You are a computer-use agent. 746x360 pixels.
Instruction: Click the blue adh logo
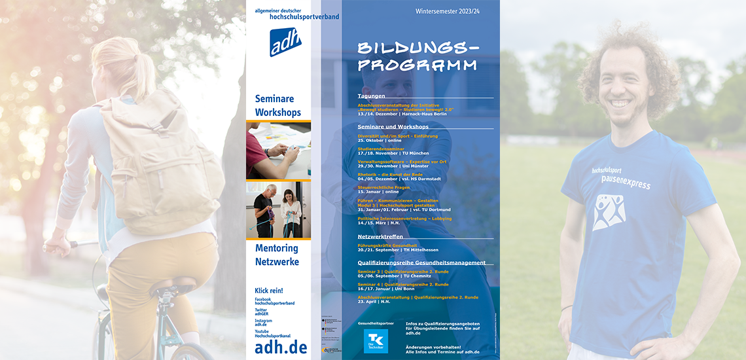285,42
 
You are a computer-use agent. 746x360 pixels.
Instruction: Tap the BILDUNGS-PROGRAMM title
417,57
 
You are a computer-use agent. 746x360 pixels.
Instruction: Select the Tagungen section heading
371,96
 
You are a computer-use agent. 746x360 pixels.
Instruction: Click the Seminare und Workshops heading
393,126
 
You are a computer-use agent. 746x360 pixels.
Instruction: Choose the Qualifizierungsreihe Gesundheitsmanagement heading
421,262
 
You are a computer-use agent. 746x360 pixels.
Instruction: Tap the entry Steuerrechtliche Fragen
383,187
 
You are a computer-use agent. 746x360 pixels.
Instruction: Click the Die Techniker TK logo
376,341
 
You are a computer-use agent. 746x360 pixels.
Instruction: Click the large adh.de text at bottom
281,347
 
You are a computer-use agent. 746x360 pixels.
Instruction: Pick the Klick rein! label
268,290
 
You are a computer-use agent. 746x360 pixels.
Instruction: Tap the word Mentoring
276,248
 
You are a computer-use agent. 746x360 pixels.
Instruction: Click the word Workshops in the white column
278,112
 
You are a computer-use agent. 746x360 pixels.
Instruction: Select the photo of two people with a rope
278,209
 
